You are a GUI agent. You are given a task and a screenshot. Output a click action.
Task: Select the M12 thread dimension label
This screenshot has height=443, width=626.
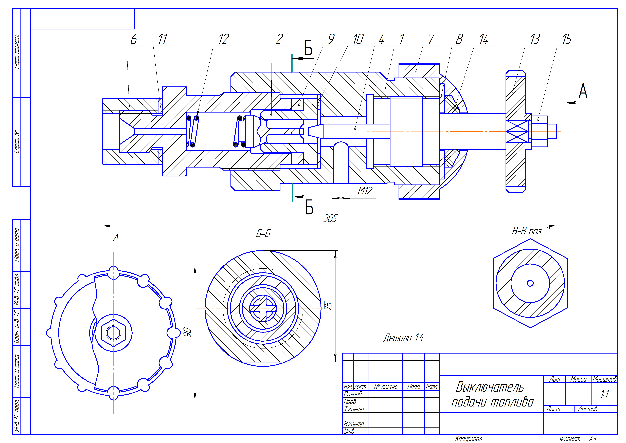click(x=365, y=191)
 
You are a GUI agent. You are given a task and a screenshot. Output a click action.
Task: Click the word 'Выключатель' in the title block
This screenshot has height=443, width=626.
click(x=490, y=387)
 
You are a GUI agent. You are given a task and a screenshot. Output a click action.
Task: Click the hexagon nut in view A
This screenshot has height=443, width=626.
click(x=113, y=333)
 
